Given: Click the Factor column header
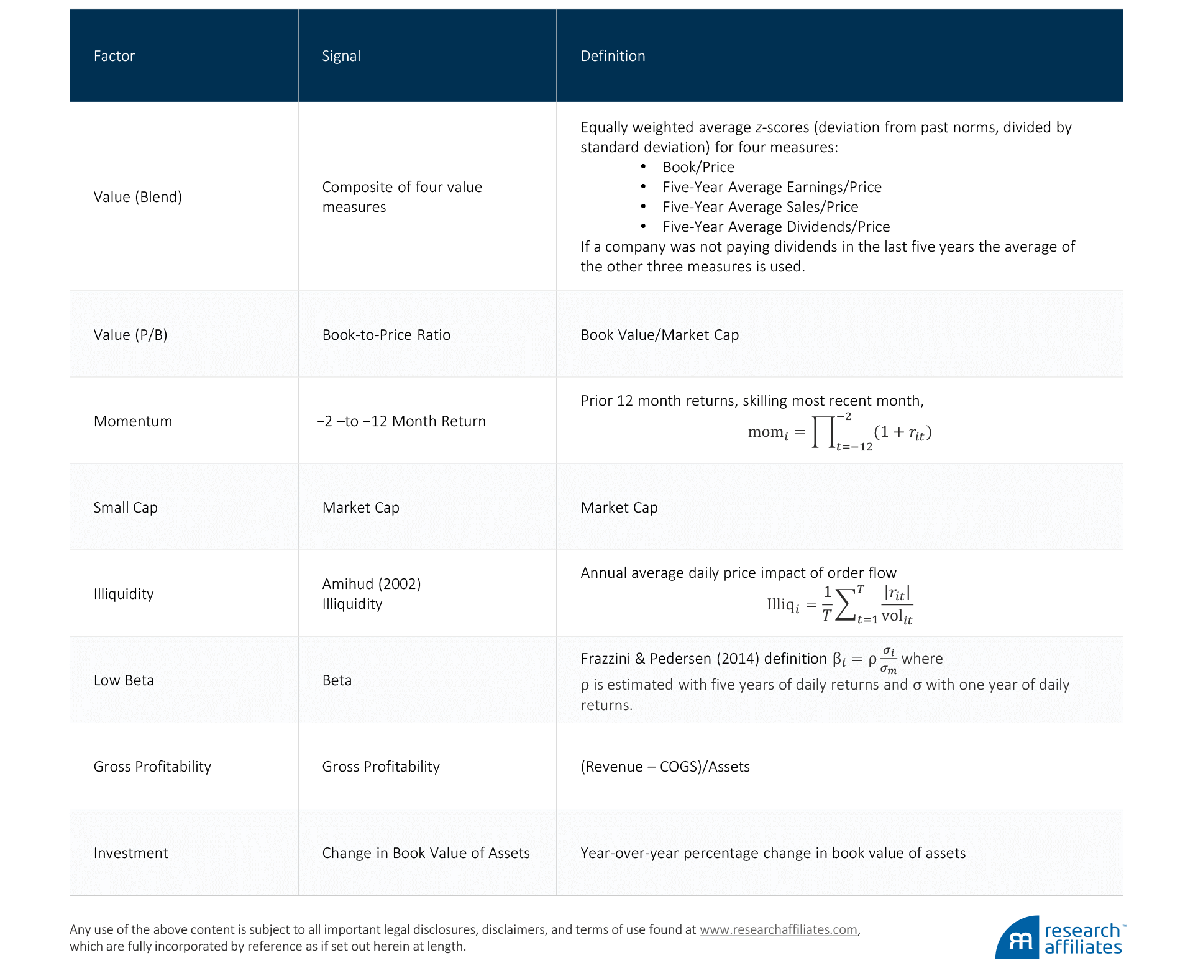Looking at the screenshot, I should tap(114, 56).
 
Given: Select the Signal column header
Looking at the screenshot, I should tap(341, 56).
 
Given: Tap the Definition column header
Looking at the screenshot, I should tap(613, 56).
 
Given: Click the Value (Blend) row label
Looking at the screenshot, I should tap(137, 197).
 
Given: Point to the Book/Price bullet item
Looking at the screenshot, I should tap(698, 167).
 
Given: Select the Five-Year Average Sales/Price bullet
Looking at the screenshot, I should tap(760, 207).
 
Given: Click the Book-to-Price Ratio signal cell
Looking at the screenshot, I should tap(386, 335).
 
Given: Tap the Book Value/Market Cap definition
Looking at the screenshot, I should tap(659, 335).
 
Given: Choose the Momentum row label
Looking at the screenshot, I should tap(133, 421).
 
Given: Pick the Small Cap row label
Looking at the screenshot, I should tap(126, 508).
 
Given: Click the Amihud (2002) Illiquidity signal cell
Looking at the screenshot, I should tap(371, 593).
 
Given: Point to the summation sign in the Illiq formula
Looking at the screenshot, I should tap(845, 604).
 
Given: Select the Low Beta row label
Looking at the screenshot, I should tap(124, 680).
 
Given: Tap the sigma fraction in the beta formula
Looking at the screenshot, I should tap(889, 660).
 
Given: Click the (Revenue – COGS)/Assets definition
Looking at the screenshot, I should tap(665, 767).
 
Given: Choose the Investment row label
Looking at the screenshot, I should tap(130, 853).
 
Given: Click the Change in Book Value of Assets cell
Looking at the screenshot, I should tap(426, 853).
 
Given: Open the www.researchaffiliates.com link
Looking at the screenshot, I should tap(778, 929).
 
